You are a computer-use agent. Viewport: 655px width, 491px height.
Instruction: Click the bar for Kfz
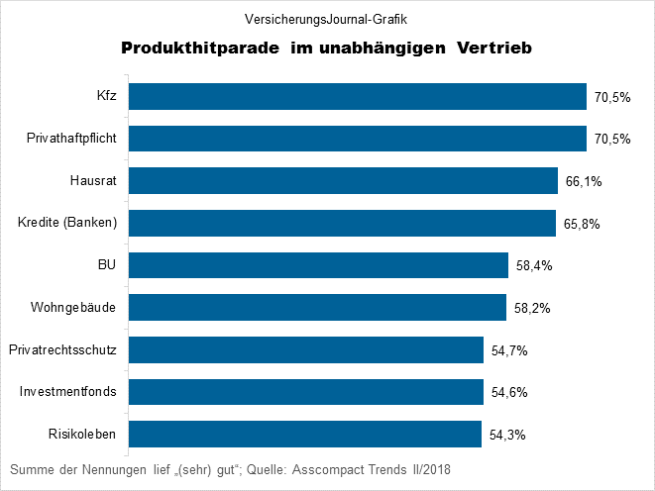pos(357,96)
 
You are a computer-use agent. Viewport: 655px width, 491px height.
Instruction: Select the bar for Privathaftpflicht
pos(357,139)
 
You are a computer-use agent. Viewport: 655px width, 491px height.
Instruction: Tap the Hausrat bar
pos(343,180)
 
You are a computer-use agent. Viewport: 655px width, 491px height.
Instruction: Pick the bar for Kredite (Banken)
pos(342,223)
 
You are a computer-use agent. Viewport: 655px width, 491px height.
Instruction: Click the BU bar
pos(318,265)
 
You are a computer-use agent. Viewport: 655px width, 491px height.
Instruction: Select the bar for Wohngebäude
pos(317,308)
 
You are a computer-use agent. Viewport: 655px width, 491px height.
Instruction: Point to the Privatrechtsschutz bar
pos(306,349)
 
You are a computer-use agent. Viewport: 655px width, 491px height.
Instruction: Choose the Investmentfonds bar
pos(305,392)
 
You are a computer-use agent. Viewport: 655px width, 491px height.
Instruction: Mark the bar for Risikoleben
pos(304,435)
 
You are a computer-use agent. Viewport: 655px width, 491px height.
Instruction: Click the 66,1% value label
pos(584,181)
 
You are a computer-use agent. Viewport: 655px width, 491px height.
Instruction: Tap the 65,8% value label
pos(582,224)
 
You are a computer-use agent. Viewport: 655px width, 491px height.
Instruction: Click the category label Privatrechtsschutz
pos(62,349)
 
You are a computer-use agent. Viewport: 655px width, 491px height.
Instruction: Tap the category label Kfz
pos(107,96)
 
